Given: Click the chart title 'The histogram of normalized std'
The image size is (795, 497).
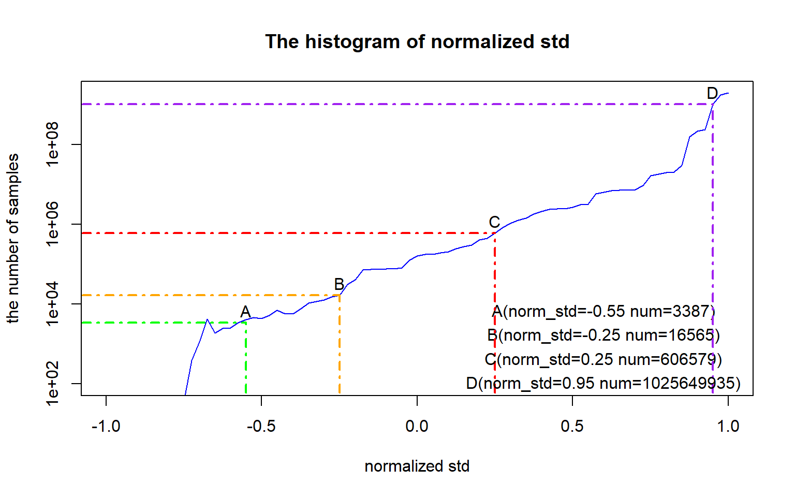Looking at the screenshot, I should [417, 41].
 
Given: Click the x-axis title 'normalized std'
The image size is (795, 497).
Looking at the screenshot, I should [417, 466].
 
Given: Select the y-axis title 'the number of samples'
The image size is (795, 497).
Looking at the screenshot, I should [13, 238].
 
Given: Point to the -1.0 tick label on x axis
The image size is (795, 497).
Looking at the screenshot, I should [106, 426].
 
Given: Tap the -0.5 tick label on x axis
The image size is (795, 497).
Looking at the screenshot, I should [261, 426].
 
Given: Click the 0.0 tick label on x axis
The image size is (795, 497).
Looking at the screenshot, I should [417, 426].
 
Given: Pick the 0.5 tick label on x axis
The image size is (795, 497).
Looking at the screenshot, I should [572, 426].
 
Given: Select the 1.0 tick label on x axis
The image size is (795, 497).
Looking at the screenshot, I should [728, 426].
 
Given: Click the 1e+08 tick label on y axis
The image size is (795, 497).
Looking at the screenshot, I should [53, 144].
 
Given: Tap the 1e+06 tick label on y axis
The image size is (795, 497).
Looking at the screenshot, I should [53, 224].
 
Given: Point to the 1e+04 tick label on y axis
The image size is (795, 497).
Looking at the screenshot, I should [53, 304].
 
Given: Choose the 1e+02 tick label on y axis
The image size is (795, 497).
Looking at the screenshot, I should [53, 384].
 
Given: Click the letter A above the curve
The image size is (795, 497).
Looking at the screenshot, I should [245, 312].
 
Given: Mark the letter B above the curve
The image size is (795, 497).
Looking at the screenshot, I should [339, 284].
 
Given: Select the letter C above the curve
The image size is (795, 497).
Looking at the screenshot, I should [494, 222].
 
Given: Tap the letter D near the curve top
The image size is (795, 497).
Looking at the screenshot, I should [712, 93].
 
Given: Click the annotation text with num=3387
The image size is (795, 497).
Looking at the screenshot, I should [603, 311].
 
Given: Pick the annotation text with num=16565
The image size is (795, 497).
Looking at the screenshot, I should [603, 335].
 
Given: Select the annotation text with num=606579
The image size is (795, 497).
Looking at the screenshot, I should [603, 359].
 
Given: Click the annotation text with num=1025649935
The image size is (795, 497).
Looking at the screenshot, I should [603, 383].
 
